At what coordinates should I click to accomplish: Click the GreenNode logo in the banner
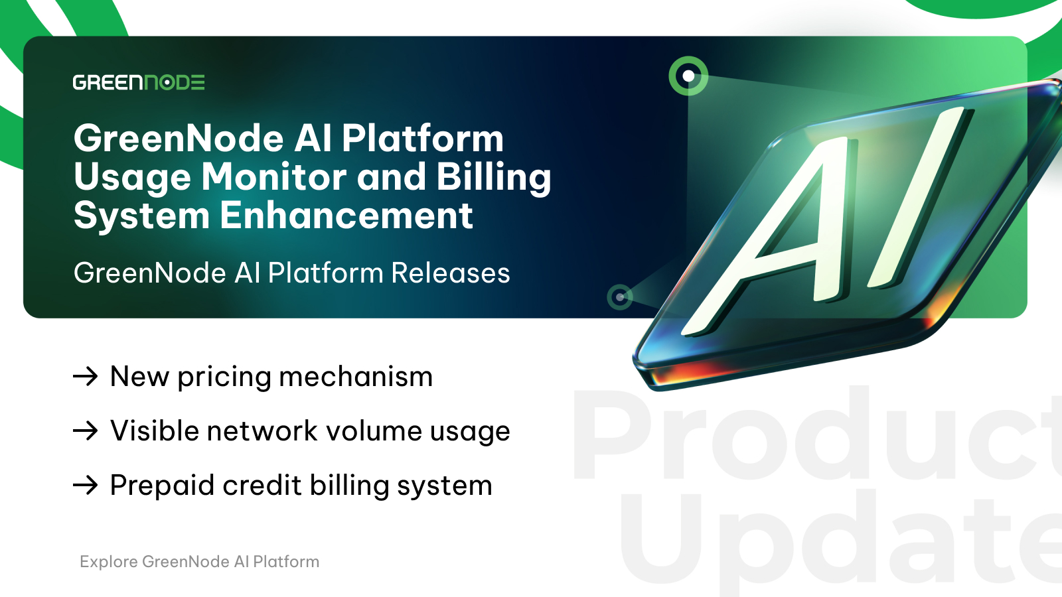139,82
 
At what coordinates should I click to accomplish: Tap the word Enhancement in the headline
346,216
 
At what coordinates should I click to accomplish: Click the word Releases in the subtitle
451,273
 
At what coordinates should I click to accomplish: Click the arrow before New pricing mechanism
86,377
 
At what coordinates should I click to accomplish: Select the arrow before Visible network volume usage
86,431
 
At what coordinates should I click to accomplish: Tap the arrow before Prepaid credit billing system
86,485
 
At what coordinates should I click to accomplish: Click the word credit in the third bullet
262,485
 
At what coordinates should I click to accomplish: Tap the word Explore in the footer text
109,562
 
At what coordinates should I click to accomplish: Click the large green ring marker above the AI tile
688,76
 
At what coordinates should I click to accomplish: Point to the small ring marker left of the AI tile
620,297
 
